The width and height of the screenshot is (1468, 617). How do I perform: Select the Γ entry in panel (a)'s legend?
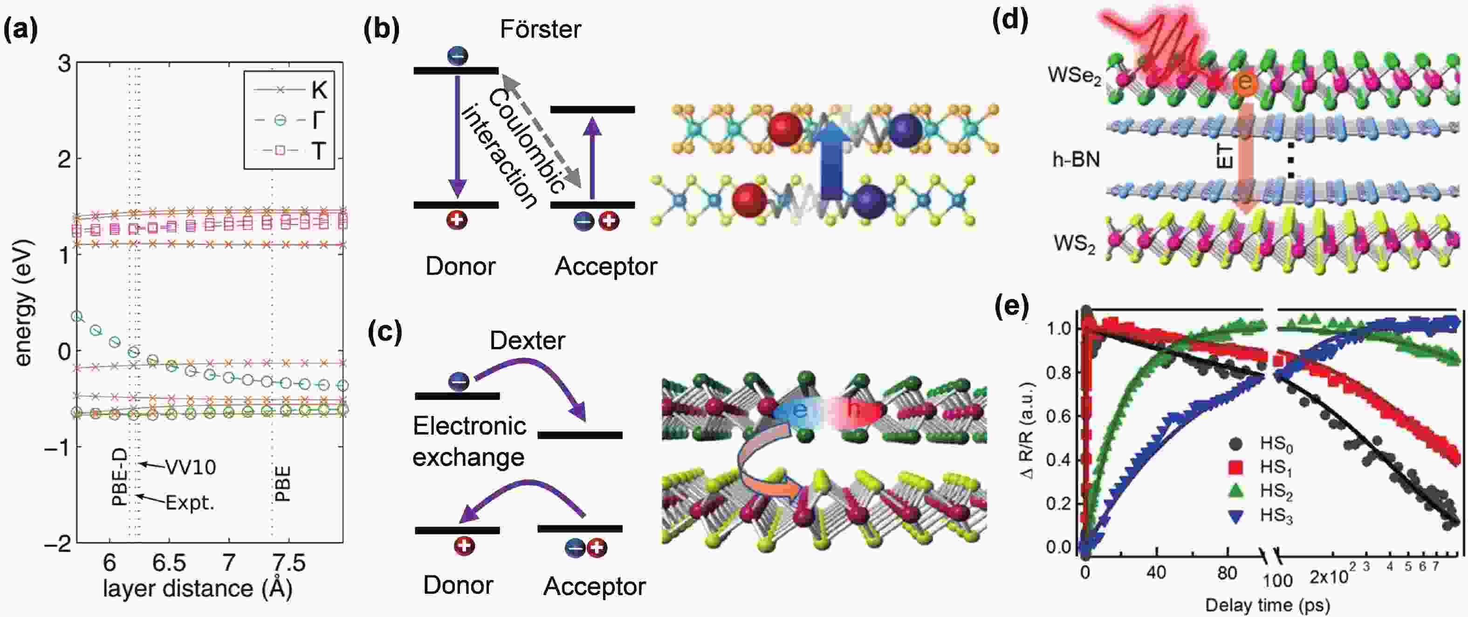click(x=318, y=120)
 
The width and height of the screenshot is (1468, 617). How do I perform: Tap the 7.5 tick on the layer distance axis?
click(x=289, y=563)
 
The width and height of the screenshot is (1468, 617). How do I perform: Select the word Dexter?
click(x=527, y=340)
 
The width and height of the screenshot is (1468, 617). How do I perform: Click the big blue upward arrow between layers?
click(x=831, y=159)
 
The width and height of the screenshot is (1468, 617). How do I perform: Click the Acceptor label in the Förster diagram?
click(x=606, y=266)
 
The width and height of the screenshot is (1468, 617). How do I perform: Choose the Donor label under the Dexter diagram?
click(x=458, y=585)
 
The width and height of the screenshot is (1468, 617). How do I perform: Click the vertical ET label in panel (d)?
click(x=1224, y=156)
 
